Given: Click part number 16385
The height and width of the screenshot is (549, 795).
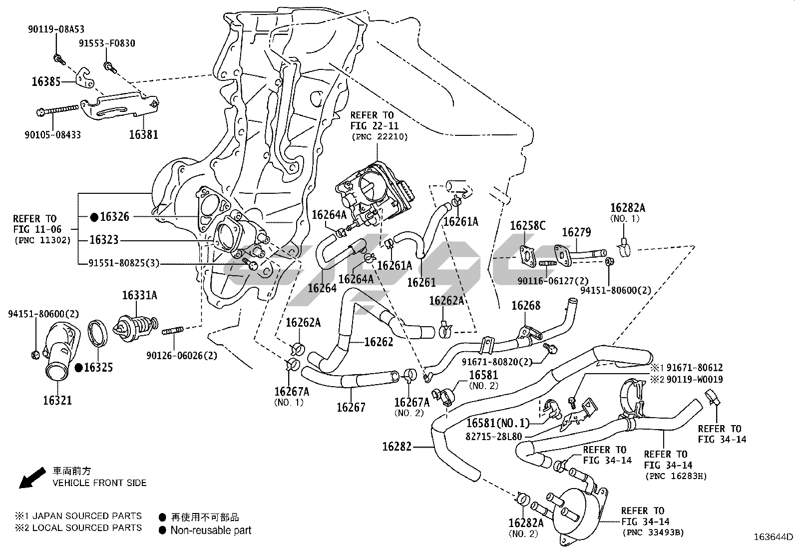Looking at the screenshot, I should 46,81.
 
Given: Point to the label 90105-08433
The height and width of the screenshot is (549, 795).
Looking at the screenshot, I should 52,134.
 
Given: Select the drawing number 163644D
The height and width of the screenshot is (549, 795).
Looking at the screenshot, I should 774,538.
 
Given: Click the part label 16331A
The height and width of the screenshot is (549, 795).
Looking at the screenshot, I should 139,296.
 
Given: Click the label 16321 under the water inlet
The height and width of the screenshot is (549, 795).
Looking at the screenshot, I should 57,400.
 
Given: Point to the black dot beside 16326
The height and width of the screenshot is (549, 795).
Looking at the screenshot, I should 94,217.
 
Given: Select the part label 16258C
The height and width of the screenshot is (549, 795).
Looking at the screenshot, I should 527,226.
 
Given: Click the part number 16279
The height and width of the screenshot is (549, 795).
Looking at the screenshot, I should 576,232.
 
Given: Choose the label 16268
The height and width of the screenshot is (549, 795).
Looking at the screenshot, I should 526,306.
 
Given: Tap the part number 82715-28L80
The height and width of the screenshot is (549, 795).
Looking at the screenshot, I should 493,436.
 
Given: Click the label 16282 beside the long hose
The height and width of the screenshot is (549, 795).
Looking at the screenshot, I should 397,447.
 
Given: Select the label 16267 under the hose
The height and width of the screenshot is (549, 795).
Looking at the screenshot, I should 351,407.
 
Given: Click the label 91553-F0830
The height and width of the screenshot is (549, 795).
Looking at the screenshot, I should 107,43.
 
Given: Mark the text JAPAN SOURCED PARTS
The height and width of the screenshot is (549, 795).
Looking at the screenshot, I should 87,516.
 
